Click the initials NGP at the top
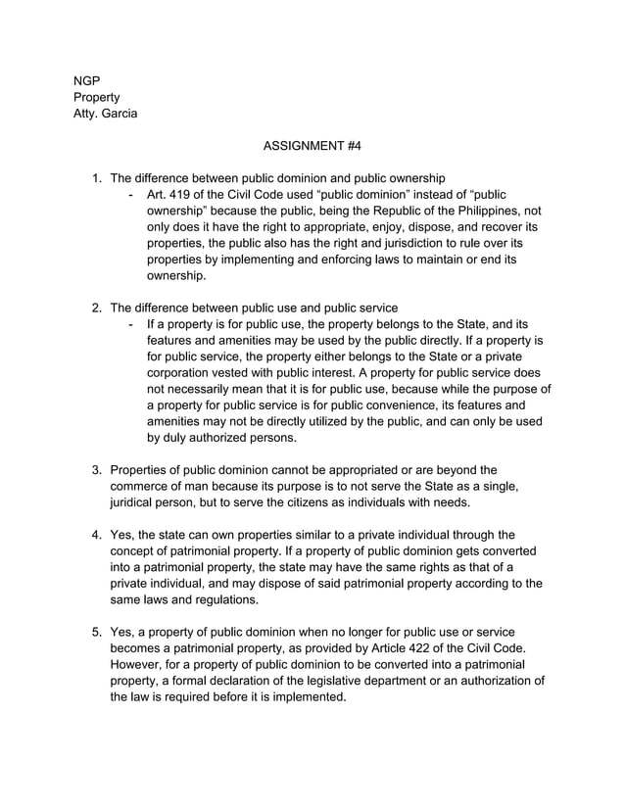click(x=87, y=79)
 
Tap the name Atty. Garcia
click(x=106, y=114)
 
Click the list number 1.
click(x=96, y=178)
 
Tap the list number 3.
click(x=96, y=469)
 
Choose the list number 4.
click(x=96, y=535)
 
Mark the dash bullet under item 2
click(x=131, y=323)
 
